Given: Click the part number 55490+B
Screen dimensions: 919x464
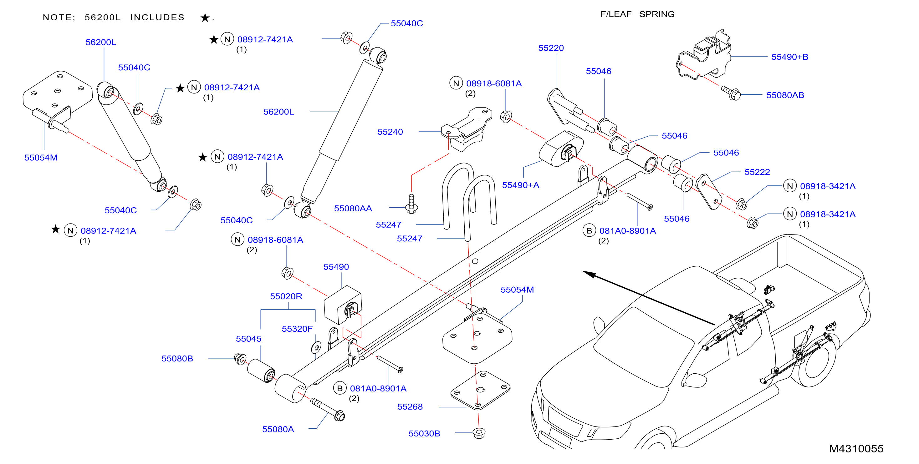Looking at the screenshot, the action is tap(789, 57).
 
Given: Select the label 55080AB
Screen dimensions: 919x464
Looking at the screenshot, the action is tap(785, 95).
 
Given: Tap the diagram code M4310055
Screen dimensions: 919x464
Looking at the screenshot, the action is tap(856, 449).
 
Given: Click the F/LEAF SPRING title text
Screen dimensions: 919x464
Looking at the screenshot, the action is tap(637, 14).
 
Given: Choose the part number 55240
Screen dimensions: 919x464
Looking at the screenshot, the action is tap(390, 132).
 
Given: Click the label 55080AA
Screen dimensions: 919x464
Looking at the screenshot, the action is tap(353, 209).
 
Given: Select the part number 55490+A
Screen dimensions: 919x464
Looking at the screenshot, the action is tap(520, 185).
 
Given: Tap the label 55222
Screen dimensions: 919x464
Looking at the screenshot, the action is tap(757, 172).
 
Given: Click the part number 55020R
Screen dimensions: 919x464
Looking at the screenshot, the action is tap(286, 296).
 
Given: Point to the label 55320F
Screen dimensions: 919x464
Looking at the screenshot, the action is tap(297, 329).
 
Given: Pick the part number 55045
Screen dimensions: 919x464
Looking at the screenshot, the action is tap(248, 339).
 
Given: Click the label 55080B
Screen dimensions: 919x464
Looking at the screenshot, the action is tap(177, 359).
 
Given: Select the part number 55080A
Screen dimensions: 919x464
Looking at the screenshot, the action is tap(278, 429).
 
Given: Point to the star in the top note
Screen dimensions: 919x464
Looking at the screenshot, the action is tap(205, 18).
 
